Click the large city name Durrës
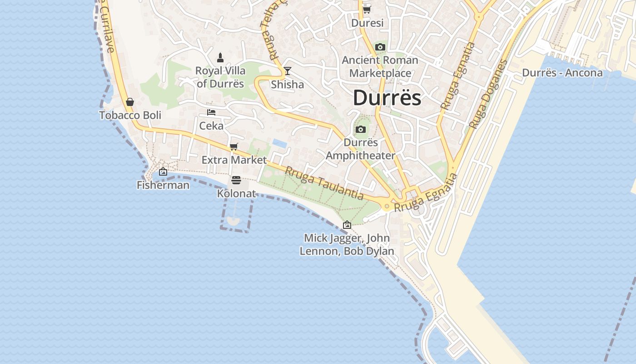[x=387, y=98]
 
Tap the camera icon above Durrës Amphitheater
[x=361, y=130]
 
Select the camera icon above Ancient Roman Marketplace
[x=380, y=47]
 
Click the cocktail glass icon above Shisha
[x=287, y=71]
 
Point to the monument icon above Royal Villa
[x=220, y=58]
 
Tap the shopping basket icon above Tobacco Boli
[x=130, y=102]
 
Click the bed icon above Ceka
[x=211, y=112]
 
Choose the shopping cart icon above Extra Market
[x=234, y=147]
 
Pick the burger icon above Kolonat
[x=236, y=180]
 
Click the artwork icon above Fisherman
[x=163, y=172]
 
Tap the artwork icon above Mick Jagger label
[x=347, y=225]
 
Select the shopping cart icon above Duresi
[x=367, y=10]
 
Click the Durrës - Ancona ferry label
[x=562, y=73]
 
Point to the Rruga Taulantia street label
[x=324, y=183]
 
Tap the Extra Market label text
[x=234, y=160]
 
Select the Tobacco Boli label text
[x=130, y=116]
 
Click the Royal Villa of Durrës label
[x=220, y=77]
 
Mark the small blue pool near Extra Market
[x=280, y=143]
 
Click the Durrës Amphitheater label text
[x=361, y=149]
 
